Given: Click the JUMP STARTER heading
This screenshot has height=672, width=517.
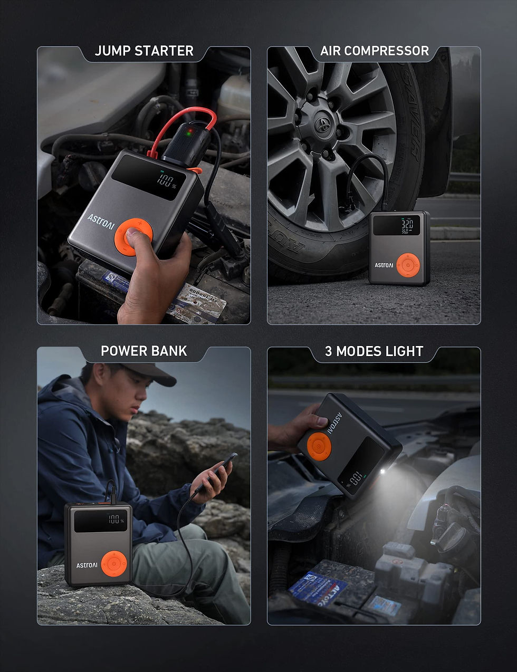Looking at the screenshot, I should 144,51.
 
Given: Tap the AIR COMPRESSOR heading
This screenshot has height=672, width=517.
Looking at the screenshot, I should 375,51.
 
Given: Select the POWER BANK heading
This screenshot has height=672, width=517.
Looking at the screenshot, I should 144,351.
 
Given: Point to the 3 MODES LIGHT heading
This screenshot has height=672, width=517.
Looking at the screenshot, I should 374,351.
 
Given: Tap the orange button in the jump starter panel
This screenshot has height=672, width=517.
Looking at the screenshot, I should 133,237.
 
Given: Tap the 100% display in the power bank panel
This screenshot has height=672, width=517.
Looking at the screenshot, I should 114,519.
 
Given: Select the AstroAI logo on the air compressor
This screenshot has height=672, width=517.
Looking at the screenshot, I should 384,265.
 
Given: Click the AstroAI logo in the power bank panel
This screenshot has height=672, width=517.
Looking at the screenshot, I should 87,565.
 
